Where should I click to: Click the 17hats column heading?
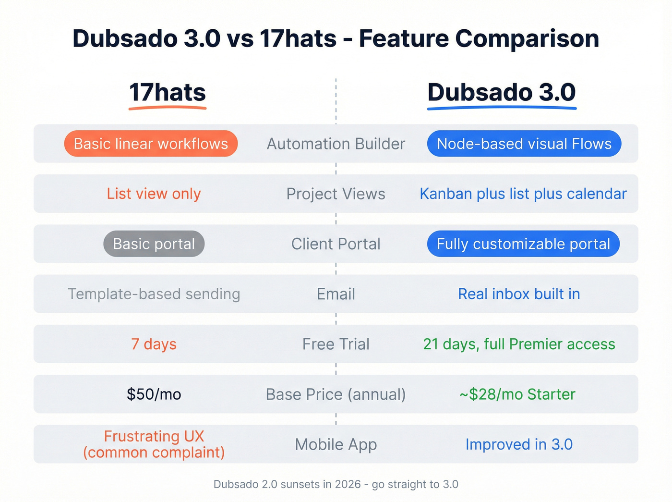(168, 93)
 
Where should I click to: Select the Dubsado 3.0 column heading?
(502, 93)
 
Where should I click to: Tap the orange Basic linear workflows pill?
(151, 144)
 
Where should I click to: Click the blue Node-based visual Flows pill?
(524, 144)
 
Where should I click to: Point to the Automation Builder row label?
(336, 144)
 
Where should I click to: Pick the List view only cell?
(154, 194)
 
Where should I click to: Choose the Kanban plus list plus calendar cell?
(523, 194)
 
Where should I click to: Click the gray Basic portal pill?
(154, 244)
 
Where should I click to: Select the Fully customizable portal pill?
(523, 244)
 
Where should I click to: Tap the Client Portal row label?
(336, 244)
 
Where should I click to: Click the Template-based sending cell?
(154, 294)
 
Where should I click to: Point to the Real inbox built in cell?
(519, 294)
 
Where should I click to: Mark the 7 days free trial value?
(154, 344)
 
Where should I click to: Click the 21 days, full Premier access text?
(519, 344)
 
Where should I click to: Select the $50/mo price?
(154, 394)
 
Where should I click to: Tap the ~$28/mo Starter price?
(517, 394)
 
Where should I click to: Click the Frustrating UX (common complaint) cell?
(154, 444)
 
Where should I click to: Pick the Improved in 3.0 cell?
(519, 444)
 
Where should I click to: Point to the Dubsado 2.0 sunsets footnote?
(336, 484)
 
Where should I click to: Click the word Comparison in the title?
(527, 38)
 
